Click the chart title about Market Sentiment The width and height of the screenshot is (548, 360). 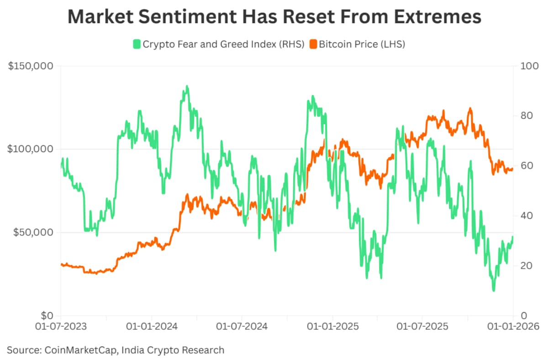(274, 16)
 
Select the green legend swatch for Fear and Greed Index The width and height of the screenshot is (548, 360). (137, 44)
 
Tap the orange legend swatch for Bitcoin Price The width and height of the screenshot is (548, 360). (313, 44)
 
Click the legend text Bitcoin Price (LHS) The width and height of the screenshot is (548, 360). (362, 44)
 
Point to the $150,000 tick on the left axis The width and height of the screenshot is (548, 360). (31, 66)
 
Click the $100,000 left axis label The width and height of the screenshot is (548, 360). (31, 149)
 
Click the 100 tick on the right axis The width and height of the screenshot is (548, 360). (527, 66)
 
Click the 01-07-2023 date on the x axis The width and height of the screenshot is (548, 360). (60, 327)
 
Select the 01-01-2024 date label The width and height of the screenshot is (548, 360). (151, 327)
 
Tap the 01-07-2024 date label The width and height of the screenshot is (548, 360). (242, 327)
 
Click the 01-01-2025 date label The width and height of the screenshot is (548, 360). (332, 327)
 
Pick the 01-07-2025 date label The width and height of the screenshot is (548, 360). (422, 327)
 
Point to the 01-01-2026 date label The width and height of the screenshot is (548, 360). (512, 327)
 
